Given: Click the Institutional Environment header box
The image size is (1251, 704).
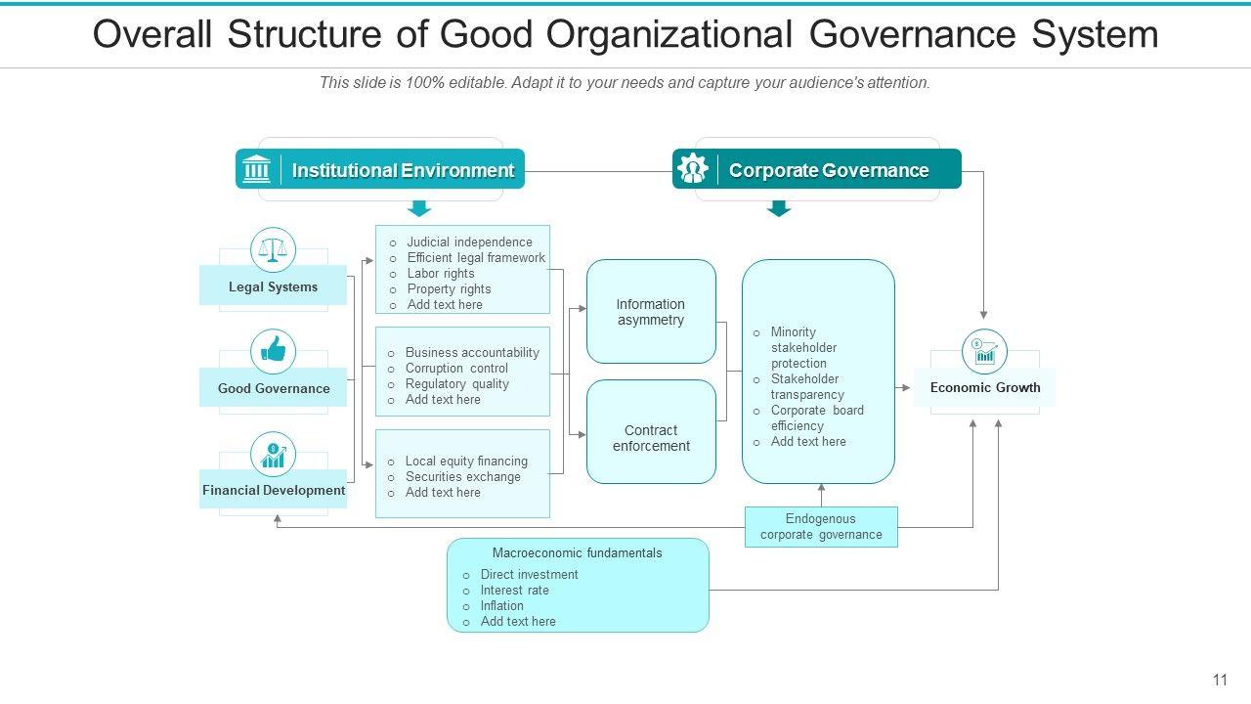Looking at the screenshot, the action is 380,169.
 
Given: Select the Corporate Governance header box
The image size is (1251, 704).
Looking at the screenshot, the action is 817,169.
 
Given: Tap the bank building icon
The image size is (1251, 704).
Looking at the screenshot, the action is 256,169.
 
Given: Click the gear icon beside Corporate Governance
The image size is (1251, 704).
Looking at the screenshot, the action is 693,169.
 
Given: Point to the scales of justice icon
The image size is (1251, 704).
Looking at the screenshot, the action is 273,250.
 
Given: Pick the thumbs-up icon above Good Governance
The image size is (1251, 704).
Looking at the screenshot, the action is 273,351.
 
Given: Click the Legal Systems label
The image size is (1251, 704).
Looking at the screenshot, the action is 273,287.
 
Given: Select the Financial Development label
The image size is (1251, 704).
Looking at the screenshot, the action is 274,490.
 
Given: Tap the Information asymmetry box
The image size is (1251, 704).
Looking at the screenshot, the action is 651,312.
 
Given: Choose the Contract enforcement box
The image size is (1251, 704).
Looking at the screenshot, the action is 651,438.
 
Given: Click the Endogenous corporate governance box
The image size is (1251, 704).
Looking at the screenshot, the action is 821,527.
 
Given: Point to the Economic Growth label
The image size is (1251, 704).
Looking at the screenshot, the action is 985,387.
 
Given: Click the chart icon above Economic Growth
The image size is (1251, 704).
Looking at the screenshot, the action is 984,352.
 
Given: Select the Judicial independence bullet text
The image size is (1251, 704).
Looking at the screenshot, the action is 469,242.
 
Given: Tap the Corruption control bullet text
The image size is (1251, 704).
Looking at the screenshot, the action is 456,369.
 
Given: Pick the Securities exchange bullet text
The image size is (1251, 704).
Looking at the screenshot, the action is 463,477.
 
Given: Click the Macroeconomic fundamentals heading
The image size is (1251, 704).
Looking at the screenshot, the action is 577,553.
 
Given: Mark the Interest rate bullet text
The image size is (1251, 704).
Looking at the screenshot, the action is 514,591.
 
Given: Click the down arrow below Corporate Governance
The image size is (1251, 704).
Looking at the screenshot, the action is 779,207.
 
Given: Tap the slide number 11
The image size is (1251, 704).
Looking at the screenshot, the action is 1220,680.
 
